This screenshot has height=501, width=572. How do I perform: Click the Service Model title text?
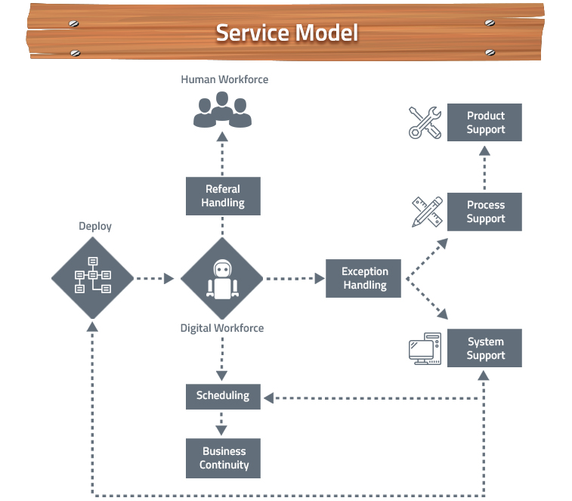click(x=286, y=32)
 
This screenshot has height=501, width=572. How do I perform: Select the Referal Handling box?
click(x=223, y=196)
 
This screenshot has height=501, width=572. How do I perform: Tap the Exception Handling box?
click(x=364, y=278)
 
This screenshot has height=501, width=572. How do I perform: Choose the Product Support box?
click(x=484, y=122)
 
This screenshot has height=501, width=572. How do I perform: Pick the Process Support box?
click(x=484, y=212)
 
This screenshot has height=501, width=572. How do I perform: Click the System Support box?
click(x=484, y=348)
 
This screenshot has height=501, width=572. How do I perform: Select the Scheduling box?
click(x=223, y=396)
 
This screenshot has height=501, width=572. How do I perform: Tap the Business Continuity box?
click(x=223, y=459)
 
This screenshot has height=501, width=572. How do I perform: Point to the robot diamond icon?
click(x=222, y=278)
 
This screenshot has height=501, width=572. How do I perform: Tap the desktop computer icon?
click(x=425, y=349)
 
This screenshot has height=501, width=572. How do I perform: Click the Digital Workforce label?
click(x=222, y=328)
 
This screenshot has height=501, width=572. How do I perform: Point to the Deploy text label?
click(x=95, y=226)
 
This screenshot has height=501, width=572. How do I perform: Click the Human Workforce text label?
click(x=224, y=79)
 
